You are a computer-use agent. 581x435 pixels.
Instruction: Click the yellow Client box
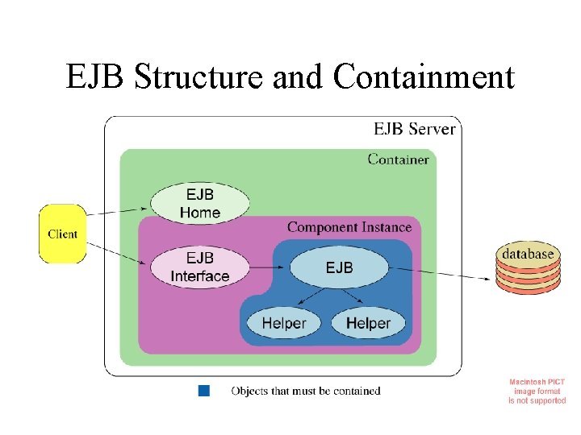point(63,234)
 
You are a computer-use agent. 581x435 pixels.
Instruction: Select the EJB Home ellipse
point(200,203)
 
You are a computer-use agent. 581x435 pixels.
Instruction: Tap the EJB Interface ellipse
point(200,267)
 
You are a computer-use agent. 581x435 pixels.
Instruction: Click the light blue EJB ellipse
point(339,267)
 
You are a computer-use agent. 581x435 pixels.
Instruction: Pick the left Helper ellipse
point(283,323)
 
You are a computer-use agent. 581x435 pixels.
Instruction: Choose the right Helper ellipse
point(368,323)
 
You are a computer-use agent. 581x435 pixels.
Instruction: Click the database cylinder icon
point(528,267)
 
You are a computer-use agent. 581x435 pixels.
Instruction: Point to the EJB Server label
point(414,129)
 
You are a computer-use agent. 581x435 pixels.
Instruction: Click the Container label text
point(399,159)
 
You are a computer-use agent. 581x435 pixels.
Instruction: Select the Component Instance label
point(349,227)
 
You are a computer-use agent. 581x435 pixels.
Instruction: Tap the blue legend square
point(204,391)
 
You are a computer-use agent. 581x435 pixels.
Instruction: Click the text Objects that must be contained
point(306,391)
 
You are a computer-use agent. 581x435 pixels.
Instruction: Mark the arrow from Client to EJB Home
point(117,211)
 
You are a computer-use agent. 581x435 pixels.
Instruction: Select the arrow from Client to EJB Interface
point(116,254)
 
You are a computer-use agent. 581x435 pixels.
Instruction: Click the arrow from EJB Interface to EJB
point(267,267)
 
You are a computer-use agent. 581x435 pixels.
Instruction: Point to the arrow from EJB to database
point(440,273)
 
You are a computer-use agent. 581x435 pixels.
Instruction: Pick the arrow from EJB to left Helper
point(311,296)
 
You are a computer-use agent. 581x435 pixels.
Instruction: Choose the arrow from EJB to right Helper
point(353,296)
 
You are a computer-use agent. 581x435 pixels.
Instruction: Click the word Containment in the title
point(424,76)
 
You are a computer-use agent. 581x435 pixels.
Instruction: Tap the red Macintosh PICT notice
point(537,391)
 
